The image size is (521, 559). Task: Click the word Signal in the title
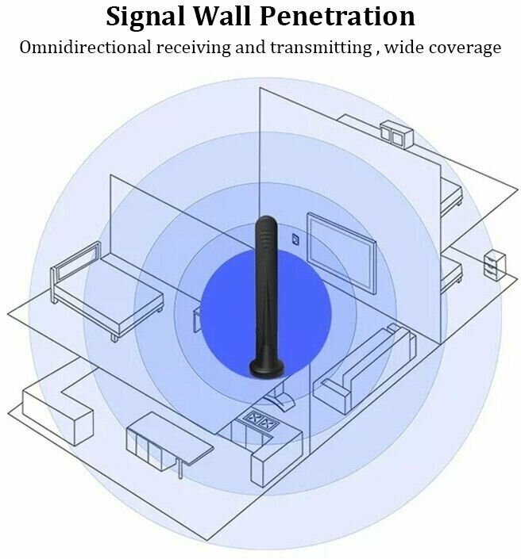(149, 16)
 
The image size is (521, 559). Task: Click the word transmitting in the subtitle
(320, 48)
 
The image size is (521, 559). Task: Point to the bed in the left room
(107, 297)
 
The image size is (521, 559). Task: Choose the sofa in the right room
(361, 369)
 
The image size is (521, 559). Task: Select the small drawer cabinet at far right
(493, 264)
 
